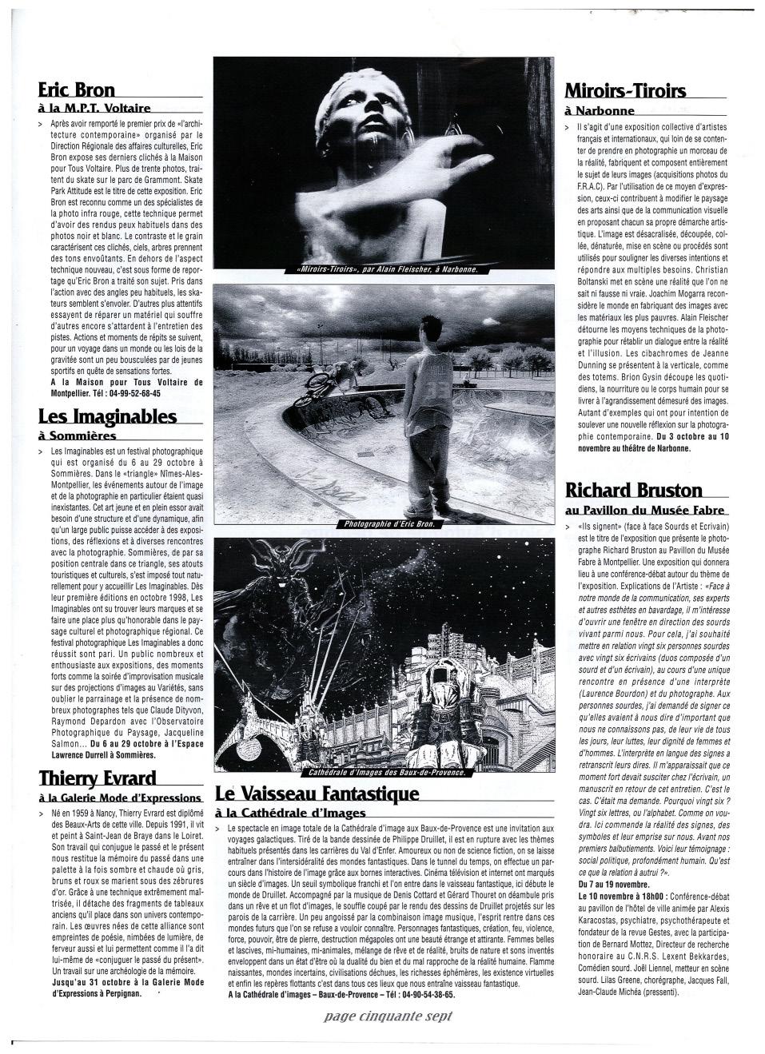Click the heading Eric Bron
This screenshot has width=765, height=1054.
pyautogui.click(x=77, y=89)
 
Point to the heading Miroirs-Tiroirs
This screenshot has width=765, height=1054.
pyautogui.click(x=625, y=90)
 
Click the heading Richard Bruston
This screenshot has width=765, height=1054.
pyautogui.click(x=634, y=490)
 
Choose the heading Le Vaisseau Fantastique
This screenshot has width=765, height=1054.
pyautogui.click(x=317, y=793)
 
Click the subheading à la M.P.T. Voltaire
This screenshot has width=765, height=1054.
pyautogui.click(x=94, y=108)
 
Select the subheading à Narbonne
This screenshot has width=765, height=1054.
pyautogui.click(x=600, y=110)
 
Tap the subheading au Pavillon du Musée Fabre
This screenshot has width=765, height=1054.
pyautogui.click(x=645, y=510)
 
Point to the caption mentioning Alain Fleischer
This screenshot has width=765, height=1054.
pyautogui.click(x=386, y=269)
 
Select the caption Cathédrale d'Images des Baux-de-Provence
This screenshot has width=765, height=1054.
pyautogui.click(x=386, y=773)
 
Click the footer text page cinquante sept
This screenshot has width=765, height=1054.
pyautogui.click(x=388, y=1016)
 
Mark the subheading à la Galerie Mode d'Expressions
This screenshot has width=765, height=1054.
pyautogui.click(x=120, y=797)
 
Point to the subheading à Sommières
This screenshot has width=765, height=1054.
pyautogui.click(x=78, y=436)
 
